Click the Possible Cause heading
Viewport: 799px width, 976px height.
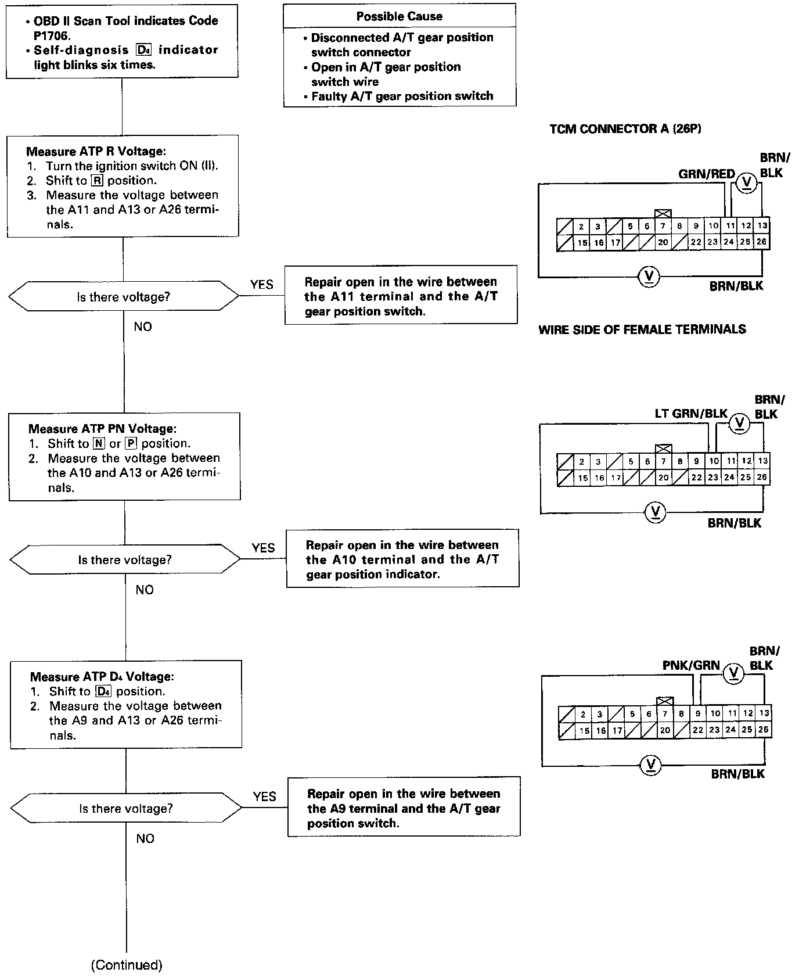(x=399, y=16)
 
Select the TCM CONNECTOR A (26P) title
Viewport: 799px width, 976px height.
(x=625, y=129)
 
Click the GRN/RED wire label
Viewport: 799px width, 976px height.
(x=706, y=174)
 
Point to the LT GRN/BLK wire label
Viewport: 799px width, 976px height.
(x=691, y=413)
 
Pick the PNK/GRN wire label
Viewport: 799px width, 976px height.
(x=691, y=666)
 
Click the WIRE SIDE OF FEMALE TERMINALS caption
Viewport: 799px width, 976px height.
(x=642, y=330)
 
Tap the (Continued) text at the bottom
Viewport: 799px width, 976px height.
(x=127, y=965)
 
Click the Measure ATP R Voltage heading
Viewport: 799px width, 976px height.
(x=96, y=152)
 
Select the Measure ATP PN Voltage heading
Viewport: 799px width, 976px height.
(x=102, y=429)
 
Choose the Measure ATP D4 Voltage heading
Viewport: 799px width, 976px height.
(x=102, y=677)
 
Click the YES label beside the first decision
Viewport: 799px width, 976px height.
(x=262, y=284)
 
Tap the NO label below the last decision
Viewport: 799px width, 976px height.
(x=145, y=838)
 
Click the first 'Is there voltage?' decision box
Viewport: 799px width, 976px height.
(x=123, y=297)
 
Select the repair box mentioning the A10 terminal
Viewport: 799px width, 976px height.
(x=402, y=559)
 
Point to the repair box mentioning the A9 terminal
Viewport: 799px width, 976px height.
(x=404, y=808)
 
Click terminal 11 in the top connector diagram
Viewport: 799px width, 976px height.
(x=730, y=226)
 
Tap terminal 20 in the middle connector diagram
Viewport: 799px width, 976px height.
(x=664, y=478)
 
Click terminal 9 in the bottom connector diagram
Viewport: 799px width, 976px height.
(x=698, y=713)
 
